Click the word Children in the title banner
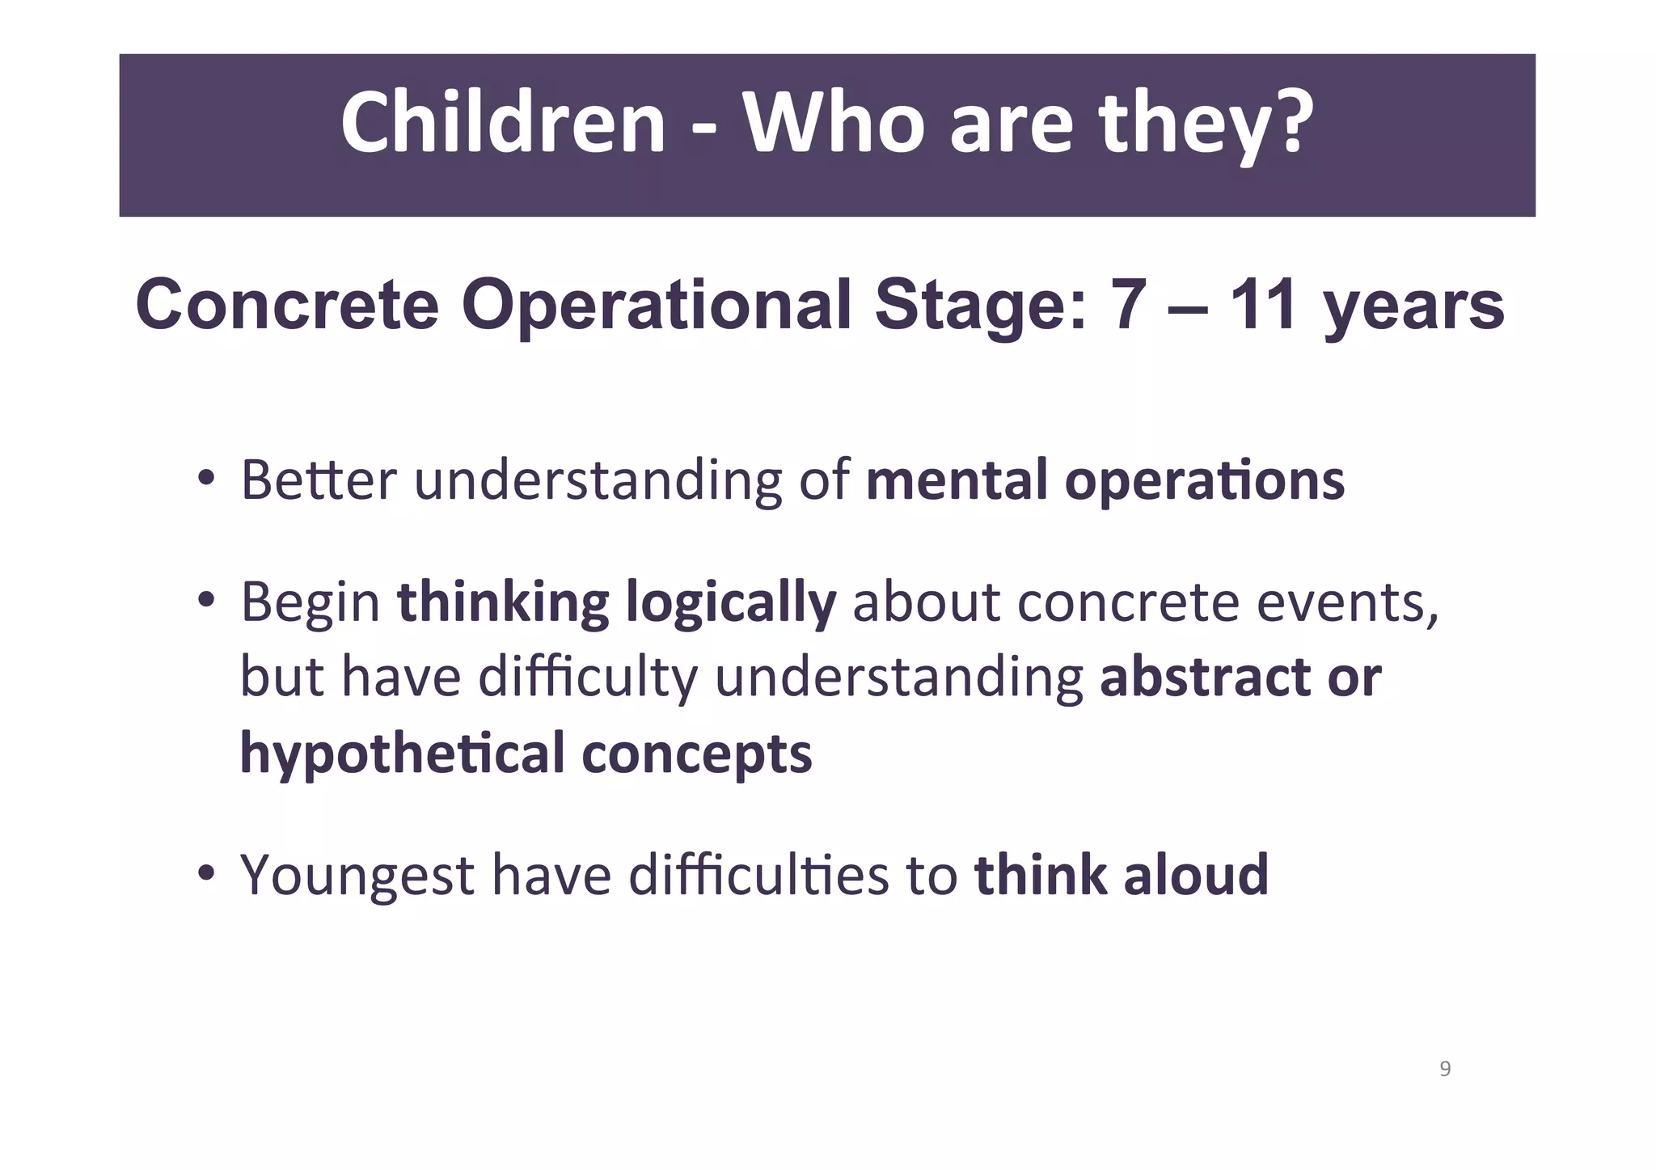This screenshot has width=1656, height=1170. click(502, 124)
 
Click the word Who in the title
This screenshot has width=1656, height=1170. click(833, 124)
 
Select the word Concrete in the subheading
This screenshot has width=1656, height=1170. click(287, 306)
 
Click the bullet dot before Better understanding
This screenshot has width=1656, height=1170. click(206, 479)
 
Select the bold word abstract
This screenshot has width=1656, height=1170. click(1204, 677)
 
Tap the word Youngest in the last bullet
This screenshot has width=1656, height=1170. click(357, 876)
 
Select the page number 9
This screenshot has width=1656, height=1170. click(1445, 1069)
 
